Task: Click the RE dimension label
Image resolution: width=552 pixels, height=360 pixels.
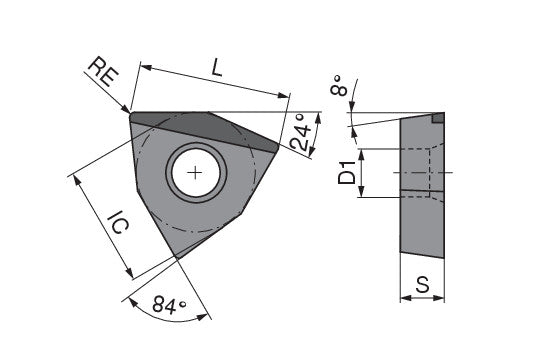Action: pyautogui.click(x=104, y=72)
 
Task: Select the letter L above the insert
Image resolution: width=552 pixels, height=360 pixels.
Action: pyautogui.click(x=217, y=67)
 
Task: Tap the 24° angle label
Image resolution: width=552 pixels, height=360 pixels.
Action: pyautogui.click(x=300, y=132)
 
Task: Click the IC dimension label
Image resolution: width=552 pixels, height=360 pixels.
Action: pyautogui.click(x=119, y=222)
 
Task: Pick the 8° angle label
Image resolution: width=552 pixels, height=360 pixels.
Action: pyautogui.click(x=339, y=86)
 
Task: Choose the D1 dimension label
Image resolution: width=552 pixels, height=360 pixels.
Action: pyautogui.click(x=347, y=172)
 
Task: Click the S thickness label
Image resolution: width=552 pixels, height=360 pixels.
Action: pyautogui.click(x=422, y=284)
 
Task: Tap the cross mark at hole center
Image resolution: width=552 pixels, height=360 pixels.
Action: pyautogui.click(x=195, y=173)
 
